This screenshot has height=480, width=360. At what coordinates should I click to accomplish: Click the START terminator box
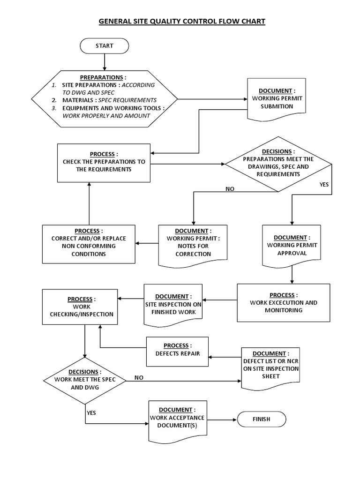(104, 46)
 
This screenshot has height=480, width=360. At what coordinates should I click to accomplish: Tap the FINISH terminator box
(261, 419)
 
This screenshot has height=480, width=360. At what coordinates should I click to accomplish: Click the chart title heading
(181, 21)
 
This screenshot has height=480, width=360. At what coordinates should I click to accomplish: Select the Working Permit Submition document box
(276, 98)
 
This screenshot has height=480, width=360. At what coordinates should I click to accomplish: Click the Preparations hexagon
(104, 99)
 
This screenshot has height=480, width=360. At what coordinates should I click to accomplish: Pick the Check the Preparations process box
(104, 162)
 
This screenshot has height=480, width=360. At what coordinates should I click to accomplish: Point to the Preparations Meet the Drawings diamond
(278, 164)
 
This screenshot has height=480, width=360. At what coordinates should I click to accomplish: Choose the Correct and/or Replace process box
(89, 243)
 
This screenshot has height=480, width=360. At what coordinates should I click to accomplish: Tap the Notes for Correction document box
(193, 243)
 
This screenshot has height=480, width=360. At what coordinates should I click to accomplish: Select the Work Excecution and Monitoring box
(283, 303)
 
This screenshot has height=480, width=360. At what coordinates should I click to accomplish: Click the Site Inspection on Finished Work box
(173, 304)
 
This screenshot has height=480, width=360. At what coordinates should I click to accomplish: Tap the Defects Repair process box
(177, 350)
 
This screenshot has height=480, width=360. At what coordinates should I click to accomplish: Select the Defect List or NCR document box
(270, 366)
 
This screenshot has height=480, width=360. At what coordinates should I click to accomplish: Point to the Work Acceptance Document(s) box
(178, 419)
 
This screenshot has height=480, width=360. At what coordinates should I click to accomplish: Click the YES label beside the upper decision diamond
(324, 185)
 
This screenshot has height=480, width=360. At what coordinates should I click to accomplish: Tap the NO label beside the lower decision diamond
(139, 377)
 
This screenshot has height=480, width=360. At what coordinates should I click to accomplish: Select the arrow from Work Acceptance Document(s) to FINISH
(222, 419)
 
